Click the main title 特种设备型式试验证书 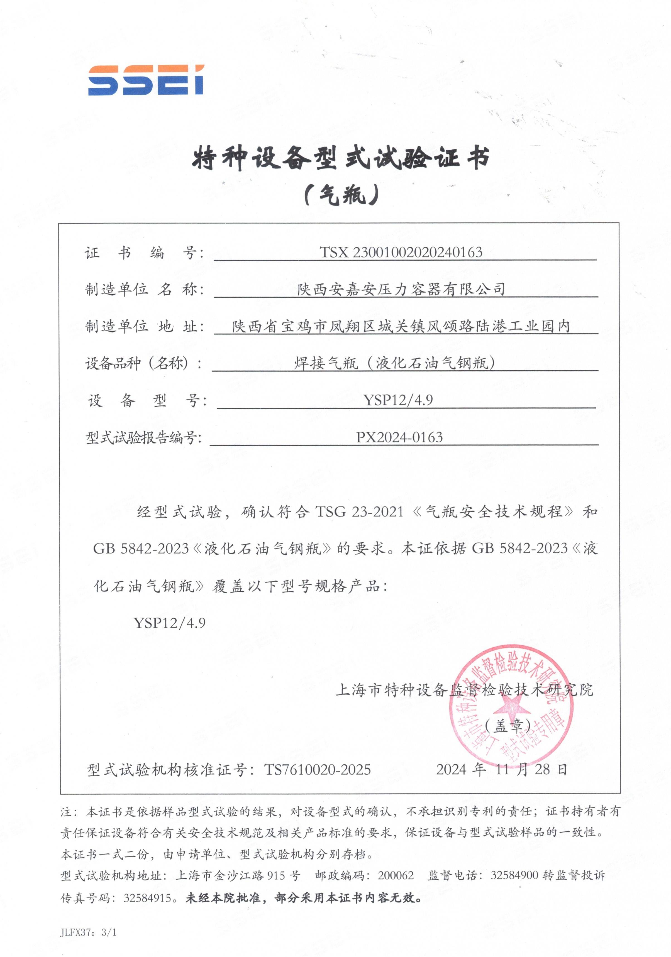click(x=340, y=159)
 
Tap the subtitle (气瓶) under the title click(x=341, y=194)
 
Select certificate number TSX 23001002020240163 click(x=401, y=252)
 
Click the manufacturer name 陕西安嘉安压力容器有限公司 click(x=401, y=289)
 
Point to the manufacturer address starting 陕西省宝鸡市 click(x=401, y=326)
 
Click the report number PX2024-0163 click(x=399, y=437)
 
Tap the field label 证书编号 click(x=144, y=253)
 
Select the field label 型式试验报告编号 click(x=143, y=438)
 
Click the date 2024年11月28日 click(x=502, y=769)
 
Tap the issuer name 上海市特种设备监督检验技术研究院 click(x=464, y=690)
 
